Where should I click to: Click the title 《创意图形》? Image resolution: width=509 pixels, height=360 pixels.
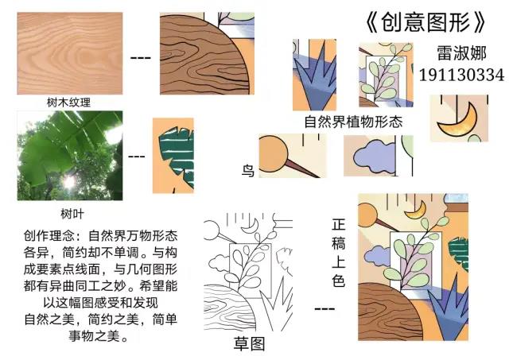[425, 22]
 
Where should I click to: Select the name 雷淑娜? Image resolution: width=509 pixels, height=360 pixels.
[461, 52]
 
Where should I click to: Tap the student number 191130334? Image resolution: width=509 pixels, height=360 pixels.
[461, 75]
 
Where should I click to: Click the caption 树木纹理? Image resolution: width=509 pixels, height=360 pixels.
[69, 103]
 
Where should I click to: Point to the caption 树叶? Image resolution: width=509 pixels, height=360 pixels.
[72, 214]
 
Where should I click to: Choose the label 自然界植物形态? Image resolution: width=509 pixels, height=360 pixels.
[353, 122]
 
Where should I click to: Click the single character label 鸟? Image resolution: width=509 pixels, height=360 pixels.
[248, 171]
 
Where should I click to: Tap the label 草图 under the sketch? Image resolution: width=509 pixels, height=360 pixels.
[249, 344]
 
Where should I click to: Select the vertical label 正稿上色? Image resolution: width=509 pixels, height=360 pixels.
[338, 253]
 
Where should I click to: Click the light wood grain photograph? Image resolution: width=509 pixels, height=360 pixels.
[70, 53]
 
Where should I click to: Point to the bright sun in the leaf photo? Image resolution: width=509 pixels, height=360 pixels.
[69, 182]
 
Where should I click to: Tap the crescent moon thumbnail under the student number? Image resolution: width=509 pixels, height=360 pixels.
[459, 118]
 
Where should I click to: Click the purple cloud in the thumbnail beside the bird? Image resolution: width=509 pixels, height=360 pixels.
[375, 156]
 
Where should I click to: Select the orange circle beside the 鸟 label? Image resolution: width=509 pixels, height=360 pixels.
[272, 153]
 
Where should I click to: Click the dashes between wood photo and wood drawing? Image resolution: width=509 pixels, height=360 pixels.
[140, 58]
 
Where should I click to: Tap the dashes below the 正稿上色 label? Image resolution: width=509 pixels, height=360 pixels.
[324, 309]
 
